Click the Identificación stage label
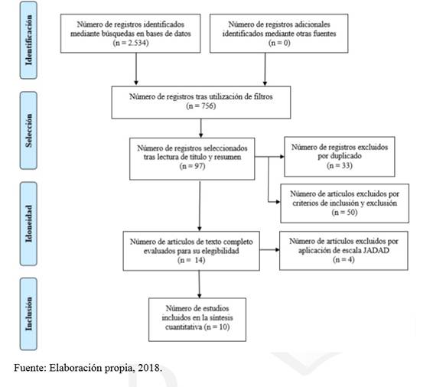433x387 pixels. coord(29,40)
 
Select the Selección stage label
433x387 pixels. coord(29,130)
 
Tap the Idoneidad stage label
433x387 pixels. coord(29,223)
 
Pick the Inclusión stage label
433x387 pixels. coord(29,314)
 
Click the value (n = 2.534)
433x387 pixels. coord(131,43)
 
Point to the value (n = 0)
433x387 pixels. coord(279,43)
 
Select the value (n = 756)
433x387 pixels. coord(201,106)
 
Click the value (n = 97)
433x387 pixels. coord(192,166)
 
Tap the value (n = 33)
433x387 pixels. coord(340,166)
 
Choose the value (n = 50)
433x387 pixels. coord(344,213)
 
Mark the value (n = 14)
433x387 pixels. coord(191,260)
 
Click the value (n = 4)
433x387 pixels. coord(343,260)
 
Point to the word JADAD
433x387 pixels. coord(376,250)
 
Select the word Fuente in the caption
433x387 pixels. coord(30,368)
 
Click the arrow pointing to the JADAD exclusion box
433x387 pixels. coord(270,250)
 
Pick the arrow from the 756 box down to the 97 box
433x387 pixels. coord(200,128)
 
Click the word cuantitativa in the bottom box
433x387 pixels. coord(184,327)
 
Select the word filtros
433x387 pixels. coord(263,96)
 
